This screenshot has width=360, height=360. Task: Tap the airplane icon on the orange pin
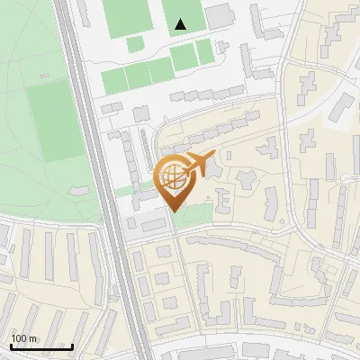[x=198, y=164]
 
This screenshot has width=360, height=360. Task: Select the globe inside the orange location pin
[x=171, y=175]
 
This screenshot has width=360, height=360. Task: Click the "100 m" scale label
[x=23, y=338]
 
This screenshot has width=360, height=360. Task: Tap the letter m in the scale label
[x=32, y=338]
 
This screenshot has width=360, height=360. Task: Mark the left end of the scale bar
[x=10, y=346]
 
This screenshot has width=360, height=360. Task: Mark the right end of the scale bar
[x=72, y=346]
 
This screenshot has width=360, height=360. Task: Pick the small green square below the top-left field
[x=135, y=44]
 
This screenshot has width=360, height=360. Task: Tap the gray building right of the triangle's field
[x=220, y=15]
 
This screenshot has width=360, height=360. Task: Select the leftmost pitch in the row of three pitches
[x=114, y=80]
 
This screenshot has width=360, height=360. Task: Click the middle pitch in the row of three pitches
[x=138, y=75]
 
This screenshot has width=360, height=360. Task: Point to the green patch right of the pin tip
[x=203, y=212]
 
